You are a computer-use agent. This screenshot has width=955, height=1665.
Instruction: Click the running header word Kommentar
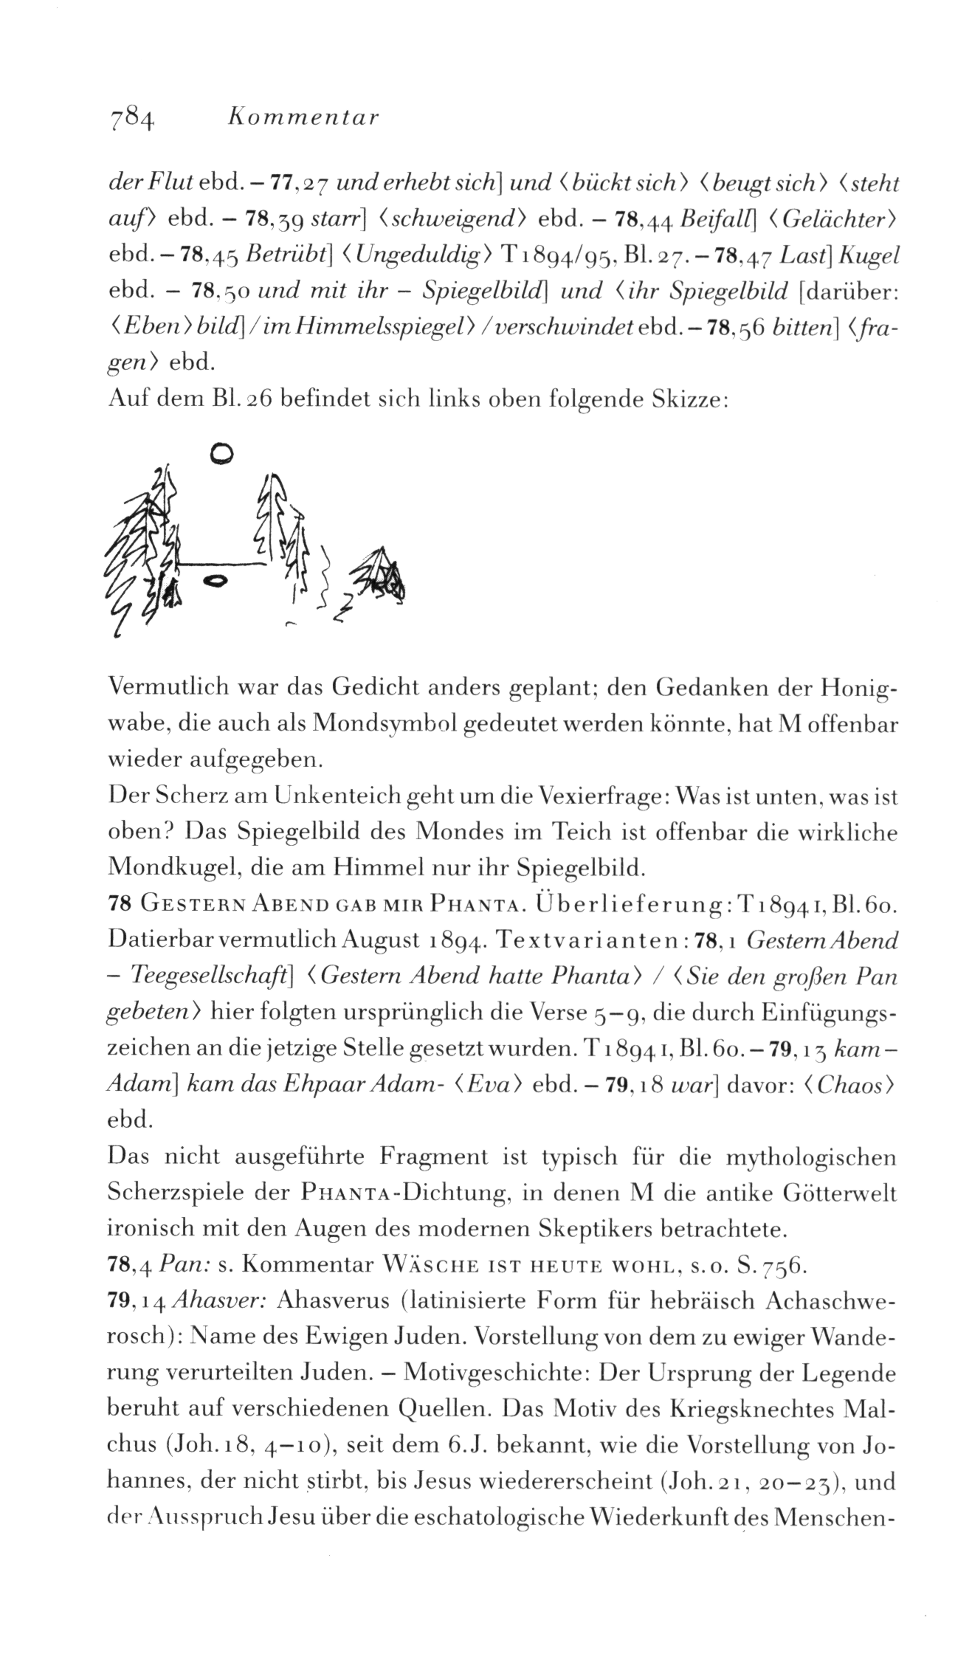(x=304, y=117)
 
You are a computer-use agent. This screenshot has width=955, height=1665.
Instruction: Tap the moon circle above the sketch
(x=221, y=452)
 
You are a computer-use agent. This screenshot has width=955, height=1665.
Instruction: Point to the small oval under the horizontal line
(x=216, y=582)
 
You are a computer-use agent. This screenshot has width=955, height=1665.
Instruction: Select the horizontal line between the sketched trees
(x=221, y=564)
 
